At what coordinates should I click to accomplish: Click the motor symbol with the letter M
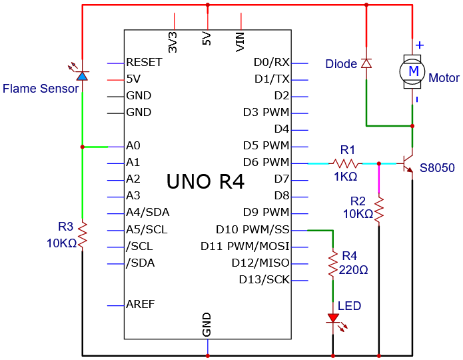pos(412,71)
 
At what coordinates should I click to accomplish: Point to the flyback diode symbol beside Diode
pos(366,63)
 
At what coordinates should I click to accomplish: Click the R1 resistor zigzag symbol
pos(345,163)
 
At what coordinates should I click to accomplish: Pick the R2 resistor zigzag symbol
pos(379,209)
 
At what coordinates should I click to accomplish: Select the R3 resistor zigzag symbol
pos(83,235)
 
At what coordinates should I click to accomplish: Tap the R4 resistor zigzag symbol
pos(333,263)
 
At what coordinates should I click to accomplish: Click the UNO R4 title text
pos(205,181)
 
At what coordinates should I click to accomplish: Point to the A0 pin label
pos(133,146)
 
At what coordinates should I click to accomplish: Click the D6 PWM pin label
pos(266,162)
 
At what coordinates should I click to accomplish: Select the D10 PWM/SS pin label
pos(252,229)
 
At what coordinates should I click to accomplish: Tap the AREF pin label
pos(141,304)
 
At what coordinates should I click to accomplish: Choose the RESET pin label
pos(144,63)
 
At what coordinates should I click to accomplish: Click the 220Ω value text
pos(353,270)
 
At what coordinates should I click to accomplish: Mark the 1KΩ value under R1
pos(346,177)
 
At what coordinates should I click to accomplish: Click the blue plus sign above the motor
pos(420,45)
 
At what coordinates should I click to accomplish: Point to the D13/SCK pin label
pos(264,279)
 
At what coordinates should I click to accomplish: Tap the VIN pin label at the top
pos(240,42)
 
